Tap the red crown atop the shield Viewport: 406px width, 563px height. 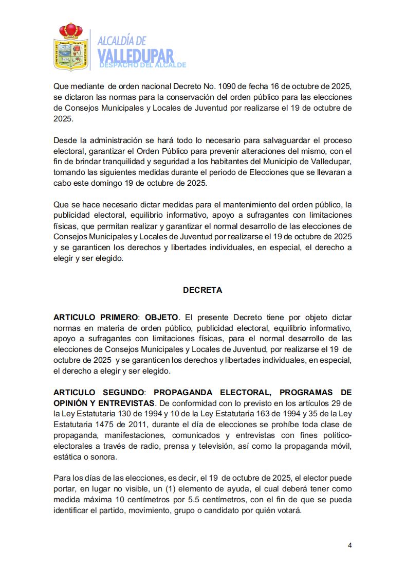69,30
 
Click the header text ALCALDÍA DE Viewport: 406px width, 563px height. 122,41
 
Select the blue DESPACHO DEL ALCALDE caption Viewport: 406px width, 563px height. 142,65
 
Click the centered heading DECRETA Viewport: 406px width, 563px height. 202,290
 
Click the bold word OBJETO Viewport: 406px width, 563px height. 161,318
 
